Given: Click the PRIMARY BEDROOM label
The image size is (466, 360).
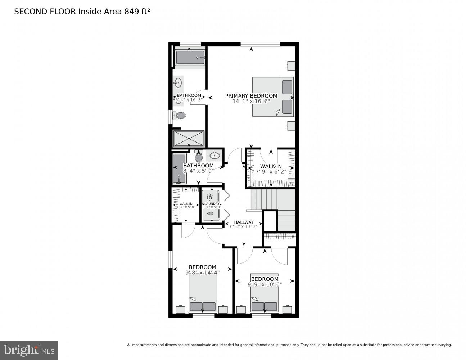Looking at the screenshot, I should coord(251,96).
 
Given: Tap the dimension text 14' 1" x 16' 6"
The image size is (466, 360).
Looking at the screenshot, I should coord(251,102).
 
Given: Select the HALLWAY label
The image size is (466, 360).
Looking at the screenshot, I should coord(244,222).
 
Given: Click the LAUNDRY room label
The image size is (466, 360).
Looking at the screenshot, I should coord(211,204).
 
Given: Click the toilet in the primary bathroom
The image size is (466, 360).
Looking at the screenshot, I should coord(179,116).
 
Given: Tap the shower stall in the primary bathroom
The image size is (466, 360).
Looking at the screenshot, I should coord(189,138).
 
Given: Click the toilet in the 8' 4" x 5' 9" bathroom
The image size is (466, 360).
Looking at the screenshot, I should coord(199,156).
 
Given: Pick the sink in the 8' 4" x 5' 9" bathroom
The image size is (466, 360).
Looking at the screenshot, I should coord(215,156).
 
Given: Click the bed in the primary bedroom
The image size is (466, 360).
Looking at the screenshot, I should coord(273,97).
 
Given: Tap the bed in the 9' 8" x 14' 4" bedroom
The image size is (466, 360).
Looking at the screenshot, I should coord(203,296).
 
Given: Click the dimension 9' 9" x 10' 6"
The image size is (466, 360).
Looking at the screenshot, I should coord(264,284).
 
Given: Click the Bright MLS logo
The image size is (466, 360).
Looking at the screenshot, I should coord(29,350).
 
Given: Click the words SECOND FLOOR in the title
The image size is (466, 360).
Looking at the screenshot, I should coord(45,12).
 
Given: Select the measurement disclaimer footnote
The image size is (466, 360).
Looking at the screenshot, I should coord(289,345).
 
